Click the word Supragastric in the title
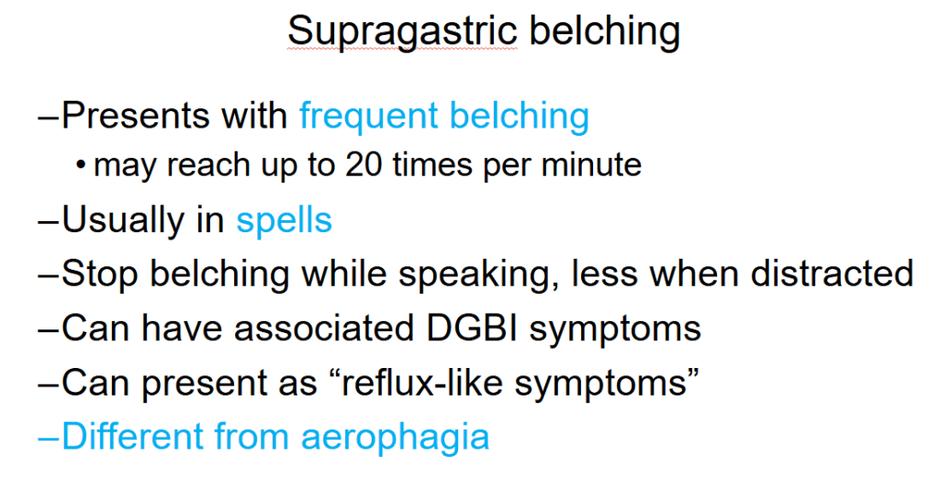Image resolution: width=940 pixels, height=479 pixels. [402, 32]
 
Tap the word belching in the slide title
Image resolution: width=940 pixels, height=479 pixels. [605, 32]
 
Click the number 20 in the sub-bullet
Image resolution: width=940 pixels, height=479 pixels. [363, 165]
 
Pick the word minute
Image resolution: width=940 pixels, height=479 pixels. [591, 165]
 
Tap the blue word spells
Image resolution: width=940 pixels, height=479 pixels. [285, 221]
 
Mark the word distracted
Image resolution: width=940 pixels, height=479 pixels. [832, 274]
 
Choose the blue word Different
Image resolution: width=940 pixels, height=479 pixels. [132, 436]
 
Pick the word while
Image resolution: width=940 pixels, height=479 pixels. [343, 274]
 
